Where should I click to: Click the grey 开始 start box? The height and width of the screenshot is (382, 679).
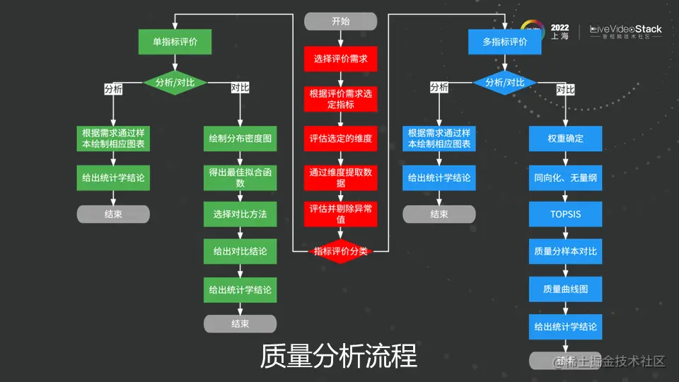pyautogui.click(x=340, y=21)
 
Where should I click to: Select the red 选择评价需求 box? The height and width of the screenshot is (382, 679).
pyautogui.click(x=340, y=59)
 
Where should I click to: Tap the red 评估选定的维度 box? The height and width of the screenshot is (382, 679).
pyautogui.click(x=340, y=139)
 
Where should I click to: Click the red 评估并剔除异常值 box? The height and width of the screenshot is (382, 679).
pyautogui.click(x=340, y=214)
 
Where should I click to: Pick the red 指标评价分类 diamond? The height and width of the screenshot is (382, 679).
pyautogui.click(x=340, y=251)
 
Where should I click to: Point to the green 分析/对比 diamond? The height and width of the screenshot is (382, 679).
pyautogui.click(x=175, y=82)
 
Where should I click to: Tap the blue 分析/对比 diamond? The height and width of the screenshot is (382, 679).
pyautogui.click(x=505, y=82)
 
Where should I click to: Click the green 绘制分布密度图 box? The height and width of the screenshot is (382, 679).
pyautogui.click(x=240, y=139)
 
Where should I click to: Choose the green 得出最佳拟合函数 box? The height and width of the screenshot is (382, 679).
pyautogui.click(x=240, y=178)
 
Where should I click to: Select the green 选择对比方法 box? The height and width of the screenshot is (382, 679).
pyautogui.click(x=240, y=214)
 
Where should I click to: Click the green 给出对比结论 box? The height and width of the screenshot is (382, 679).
pyautogui.click(x=240, y=251)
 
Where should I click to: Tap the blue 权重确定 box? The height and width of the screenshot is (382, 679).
pyautogui.click(x=565, y=139)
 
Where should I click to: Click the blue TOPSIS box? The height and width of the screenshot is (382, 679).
pyautogui.click(x=565, y=214)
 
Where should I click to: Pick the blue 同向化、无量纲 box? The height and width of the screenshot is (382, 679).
pyautogui.click(x=565, y=178)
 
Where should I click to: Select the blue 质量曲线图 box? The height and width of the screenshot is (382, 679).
pyautogui.click(x=565, y=289)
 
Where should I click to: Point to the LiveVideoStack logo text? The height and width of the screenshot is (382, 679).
pyautogui.click(x=626, y=30)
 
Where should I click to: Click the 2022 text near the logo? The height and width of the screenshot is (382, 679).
pyautogui.click(x=559, y=27)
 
